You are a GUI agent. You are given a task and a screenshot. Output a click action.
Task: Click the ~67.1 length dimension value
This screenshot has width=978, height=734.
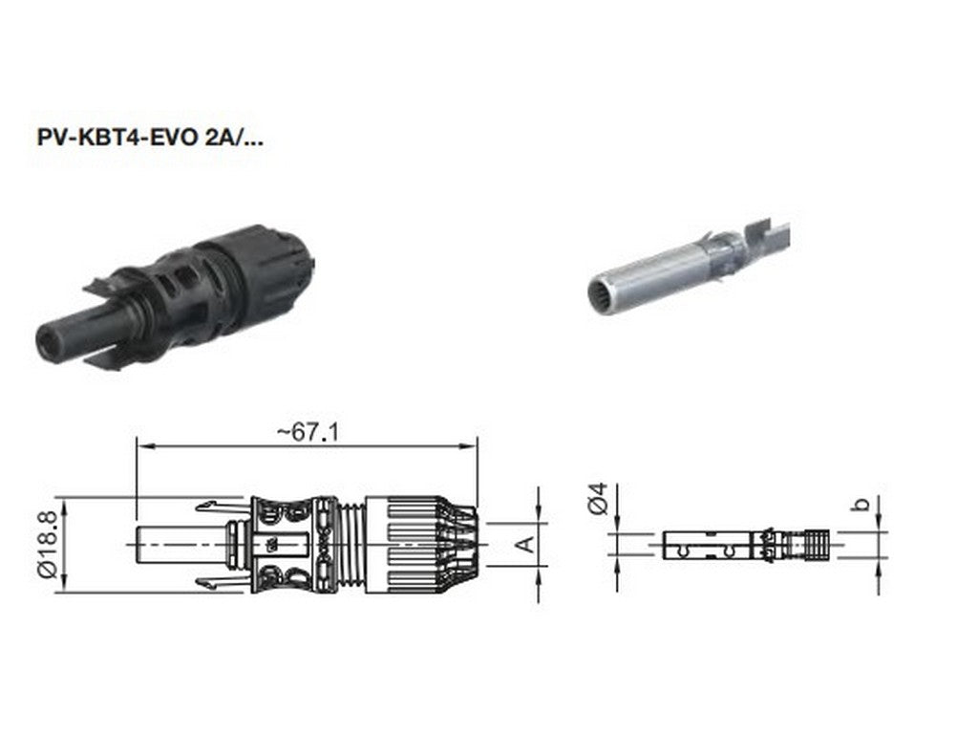(x=308, y=432)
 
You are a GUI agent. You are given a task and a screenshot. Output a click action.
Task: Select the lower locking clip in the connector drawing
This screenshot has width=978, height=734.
(x=218, y=583)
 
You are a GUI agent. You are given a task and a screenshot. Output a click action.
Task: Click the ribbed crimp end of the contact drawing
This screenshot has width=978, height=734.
(x=814, y=544)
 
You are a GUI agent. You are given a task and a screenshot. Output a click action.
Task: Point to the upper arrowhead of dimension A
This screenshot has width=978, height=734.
(x=540, y=517)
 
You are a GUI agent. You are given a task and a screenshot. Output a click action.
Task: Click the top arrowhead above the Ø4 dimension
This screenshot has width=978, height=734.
(x=617, y=525)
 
